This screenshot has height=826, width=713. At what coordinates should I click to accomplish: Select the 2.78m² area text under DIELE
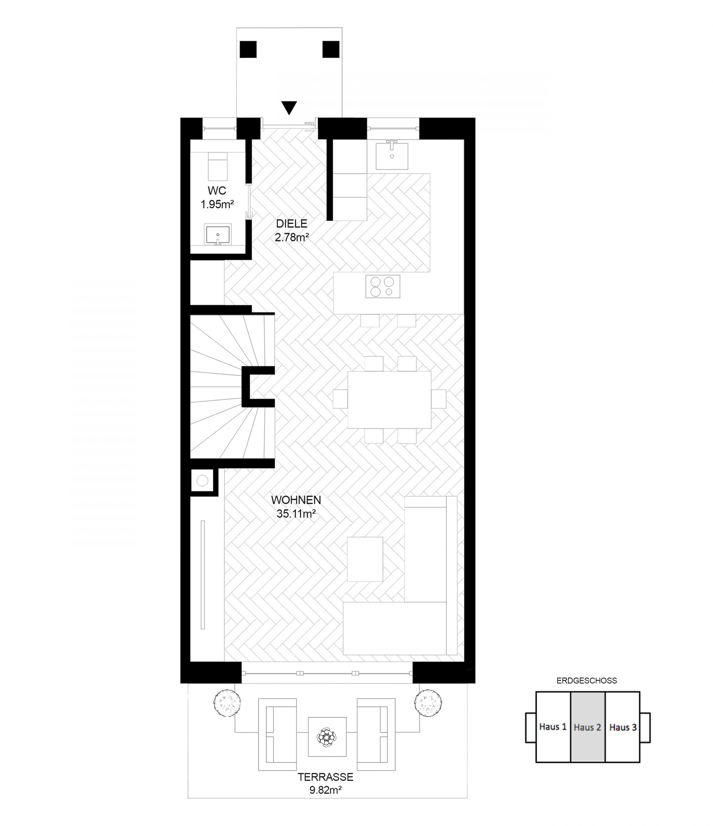point(292,237)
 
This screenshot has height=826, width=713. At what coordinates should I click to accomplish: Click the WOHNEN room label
point(296,500)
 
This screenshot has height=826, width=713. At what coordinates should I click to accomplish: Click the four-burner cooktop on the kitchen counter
point(383,287)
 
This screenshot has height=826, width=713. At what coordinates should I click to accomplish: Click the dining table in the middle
point(389,400)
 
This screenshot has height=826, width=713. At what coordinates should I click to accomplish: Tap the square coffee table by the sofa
point(365,559)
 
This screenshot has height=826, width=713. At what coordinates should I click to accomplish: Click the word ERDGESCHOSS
point(587,681)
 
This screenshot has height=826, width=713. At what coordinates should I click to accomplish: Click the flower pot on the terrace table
point(327,737)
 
